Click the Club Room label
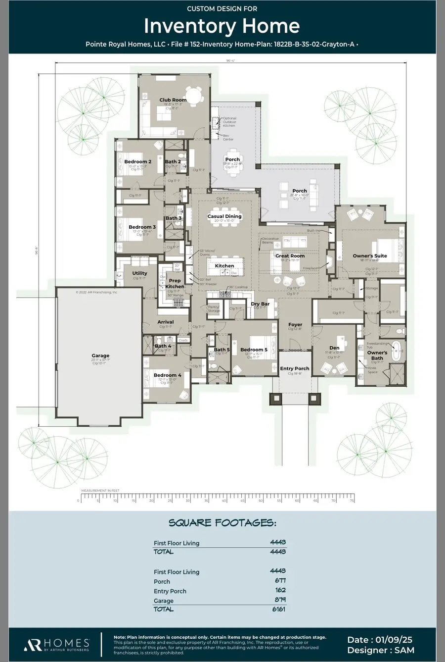click(173, 100)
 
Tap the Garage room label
click(100, 356)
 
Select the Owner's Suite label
click(369, 256)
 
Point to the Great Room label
click(290, 256)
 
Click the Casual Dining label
click(224, 216)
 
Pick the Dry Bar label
click(260, 304)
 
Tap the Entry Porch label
click(295, 368)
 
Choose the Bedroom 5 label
click(254, 350)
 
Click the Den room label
click(334, 348)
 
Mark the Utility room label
click(139, 273)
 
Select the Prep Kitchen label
click(175, 284)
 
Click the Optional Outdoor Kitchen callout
click(229, 122)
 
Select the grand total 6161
click(278, 609)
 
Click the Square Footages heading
click(222, 523)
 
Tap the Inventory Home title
click(222, 26)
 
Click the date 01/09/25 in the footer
click(380, 640)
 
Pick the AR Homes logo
click(56, 644)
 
